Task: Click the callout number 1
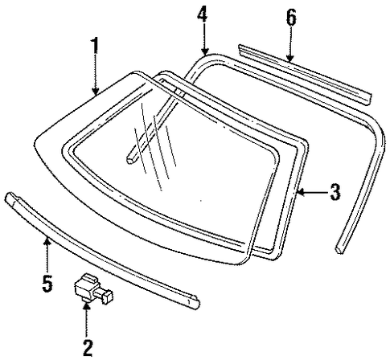(94, 46)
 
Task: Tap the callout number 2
(88, 348)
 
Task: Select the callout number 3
(335, 192)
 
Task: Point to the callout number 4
(203, 14)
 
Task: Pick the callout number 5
(47, 284)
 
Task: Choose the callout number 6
(291, 18)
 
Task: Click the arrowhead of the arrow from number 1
(95, 92)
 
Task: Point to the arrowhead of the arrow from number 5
(47, 242)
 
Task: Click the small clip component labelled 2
(93, 289)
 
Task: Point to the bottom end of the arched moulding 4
(339, 249)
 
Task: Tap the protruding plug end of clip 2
(108, 297)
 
